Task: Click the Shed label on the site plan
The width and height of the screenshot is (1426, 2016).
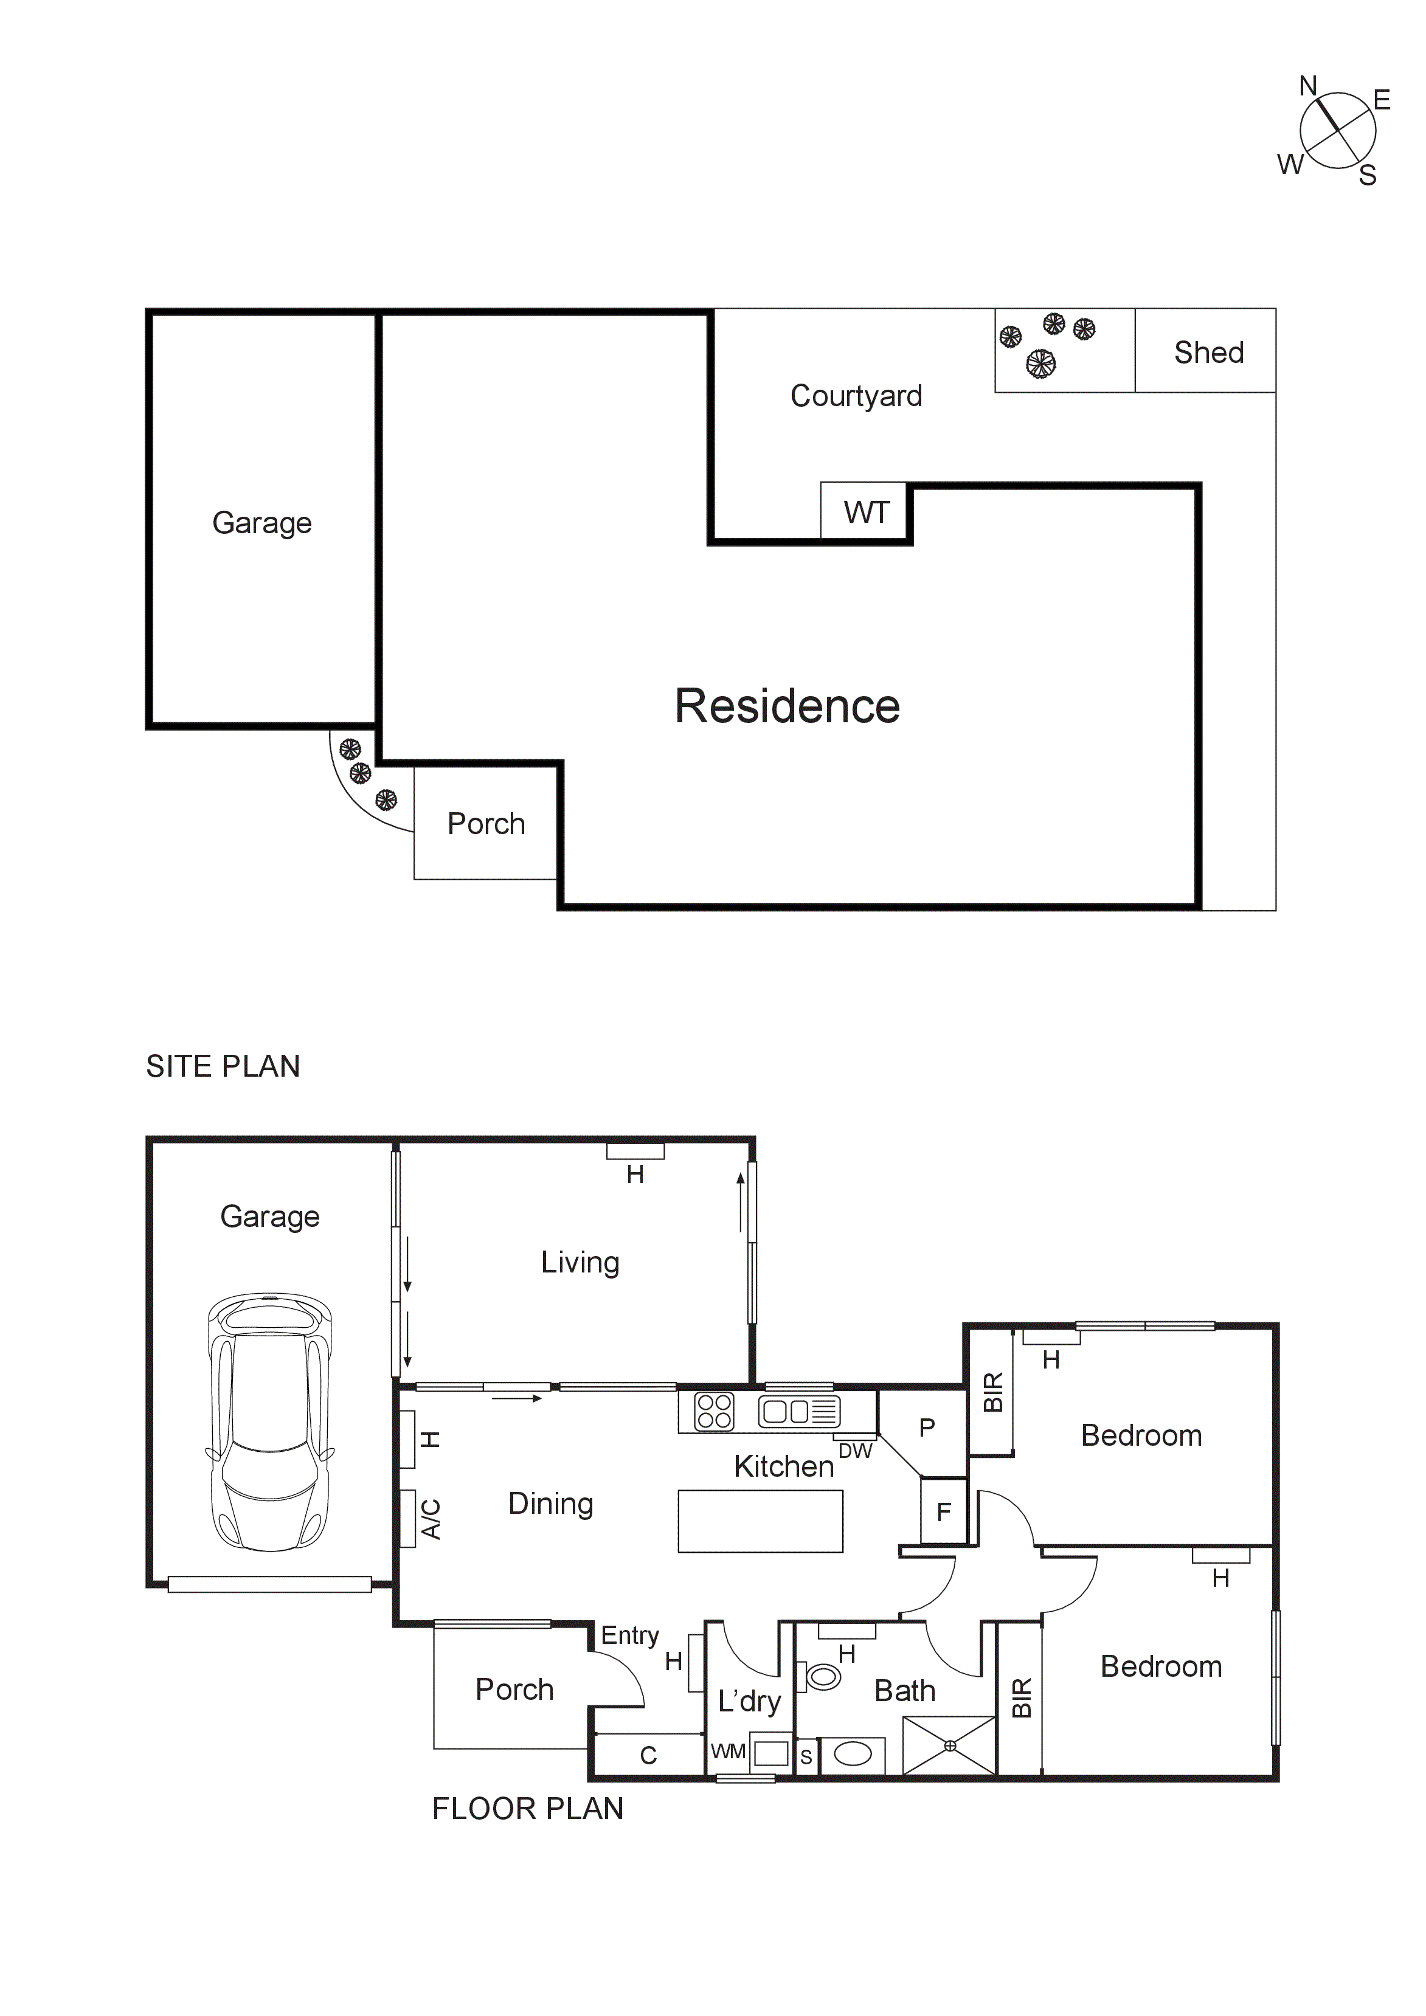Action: (1208, 353)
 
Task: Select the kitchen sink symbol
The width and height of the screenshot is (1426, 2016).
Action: (799, 1412)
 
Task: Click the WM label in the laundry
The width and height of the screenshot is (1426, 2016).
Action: (728, 1752)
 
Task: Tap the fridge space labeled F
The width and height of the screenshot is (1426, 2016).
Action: (944, 1512)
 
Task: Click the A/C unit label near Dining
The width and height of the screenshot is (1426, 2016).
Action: (431, 1518)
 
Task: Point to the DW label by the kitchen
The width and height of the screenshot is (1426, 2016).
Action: (854, 1451)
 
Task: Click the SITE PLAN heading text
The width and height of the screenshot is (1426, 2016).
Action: (223, 1066)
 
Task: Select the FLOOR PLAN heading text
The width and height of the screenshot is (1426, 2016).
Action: (528, 1809)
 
